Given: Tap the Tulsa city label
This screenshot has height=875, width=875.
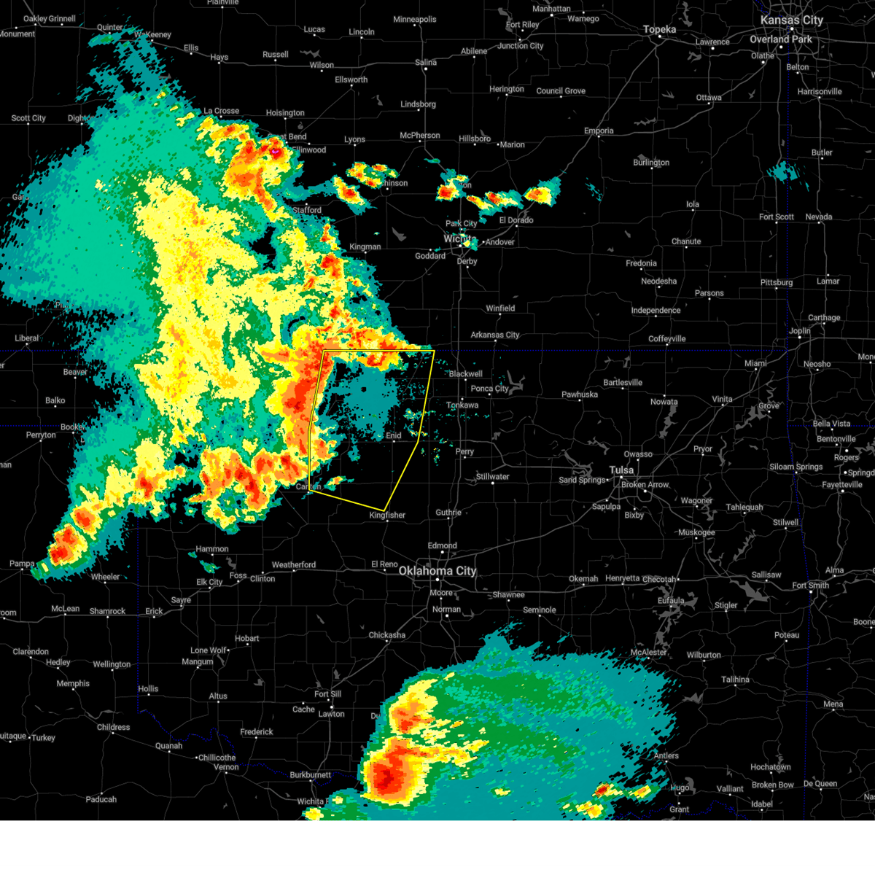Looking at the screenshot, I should point(622,470).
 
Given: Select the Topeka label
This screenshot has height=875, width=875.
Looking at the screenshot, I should point(659,30).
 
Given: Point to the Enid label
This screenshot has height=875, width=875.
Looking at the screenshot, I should point(394,436).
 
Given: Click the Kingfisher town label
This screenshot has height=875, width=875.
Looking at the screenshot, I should point(387,516).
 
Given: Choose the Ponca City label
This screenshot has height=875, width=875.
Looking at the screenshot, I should point(489,389).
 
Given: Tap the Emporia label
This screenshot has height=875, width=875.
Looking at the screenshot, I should point(599,131).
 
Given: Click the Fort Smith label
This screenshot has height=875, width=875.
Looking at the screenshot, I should point(810,585).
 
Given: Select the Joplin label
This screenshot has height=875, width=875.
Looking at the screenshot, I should point(800,331).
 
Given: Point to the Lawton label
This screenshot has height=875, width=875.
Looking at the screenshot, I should point(331,714).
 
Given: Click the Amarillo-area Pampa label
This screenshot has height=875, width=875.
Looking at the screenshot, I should point(22,564).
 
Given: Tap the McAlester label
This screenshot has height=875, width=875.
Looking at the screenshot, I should point(648,653).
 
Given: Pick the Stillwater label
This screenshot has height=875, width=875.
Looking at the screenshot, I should point(493,477).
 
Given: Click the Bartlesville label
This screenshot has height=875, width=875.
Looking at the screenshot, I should point(623,383).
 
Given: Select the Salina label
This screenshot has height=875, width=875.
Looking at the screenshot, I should point(426,63).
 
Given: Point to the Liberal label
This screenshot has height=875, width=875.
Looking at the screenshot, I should point(27,338).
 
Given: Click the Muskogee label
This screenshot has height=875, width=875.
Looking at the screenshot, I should point(696,532).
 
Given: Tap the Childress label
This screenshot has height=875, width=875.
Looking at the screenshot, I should point(113,727).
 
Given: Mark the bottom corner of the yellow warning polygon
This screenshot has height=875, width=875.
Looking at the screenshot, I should point(384,510).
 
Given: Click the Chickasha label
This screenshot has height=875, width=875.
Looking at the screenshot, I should point(386,635).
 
